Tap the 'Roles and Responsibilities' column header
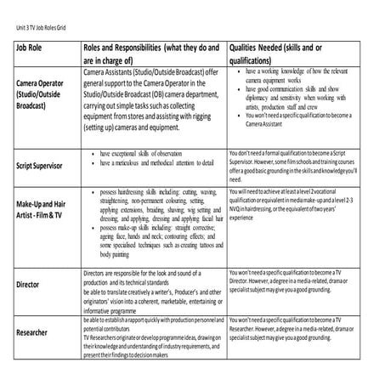(x=150, y=54)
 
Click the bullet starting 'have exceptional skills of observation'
(x=150, y=152)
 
